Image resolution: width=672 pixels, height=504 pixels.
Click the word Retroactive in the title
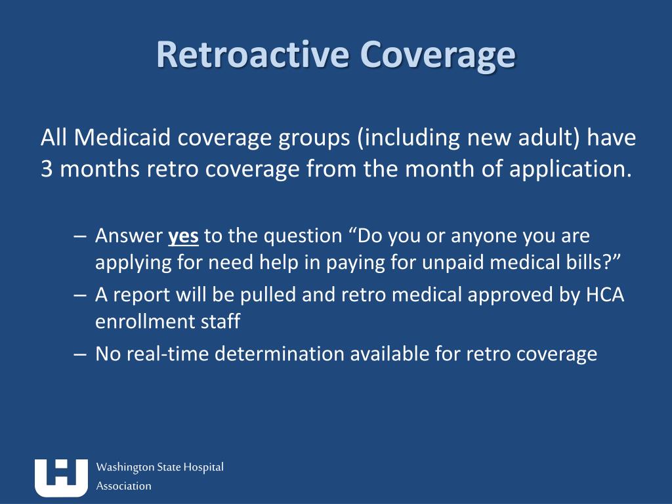click(253, 54)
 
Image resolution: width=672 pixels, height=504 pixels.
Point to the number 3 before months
click(46, 169)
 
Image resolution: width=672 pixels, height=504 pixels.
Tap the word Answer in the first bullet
click(129, 236)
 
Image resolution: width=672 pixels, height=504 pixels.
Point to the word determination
click(282, 354)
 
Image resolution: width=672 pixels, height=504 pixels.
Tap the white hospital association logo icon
click(61, 477)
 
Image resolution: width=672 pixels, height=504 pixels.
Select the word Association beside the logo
click(124, 486)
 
